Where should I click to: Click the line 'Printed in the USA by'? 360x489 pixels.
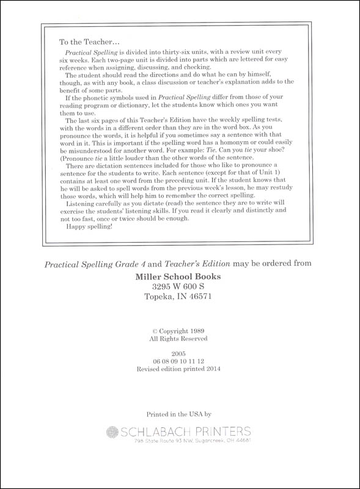[x=180, y=415]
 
